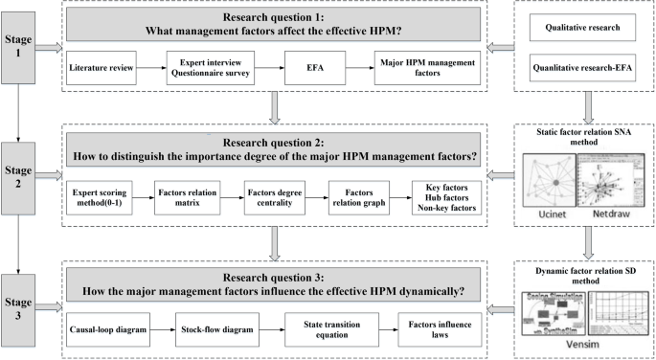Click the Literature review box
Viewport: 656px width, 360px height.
point(102,69)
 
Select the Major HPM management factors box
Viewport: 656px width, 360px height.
point(416,69)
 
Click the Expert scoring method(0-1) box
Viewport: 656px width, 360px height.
point(101,197)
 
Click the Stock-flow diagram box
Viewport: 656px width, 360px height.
point(216,328)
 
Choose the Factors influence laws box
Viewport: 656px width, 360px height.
point(437,328)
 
